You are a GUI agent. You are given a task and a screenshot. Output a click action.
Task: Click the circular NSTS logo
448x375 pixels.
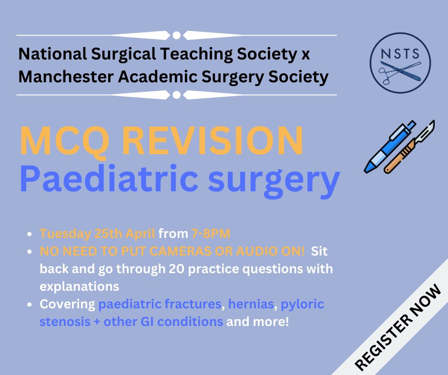pyautogui.click(x=400, y=62)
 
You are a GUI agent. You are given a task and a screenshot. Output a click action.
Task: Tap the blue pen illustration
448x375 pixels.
pyautogui.click(x=390, y=147)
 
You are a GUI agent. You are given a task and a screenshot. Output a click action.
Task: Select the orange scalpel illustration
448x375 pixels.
pyautogui.click(x=409, y=147)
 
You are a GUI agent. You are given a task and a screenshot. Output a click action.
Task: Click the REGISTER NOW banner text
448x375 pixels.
pyautogui.click(x=397, y=327)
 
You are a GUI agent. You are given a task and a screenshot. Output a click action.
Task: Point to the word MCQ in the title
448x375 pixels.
pyautogui.click(x=64, y=141)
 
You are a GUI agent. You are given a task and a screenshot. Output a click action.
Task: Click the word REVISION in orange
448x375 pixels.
pyautogui.click(x=213, y=141)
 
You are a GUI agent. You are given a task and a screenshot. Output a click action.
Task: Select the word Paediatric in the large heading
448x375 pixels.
pyautogui.click(x=109, y=178)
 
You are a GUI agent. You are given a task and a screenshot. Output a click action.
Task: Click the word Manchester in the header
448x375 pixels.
pyautogui.click(x=66, y=77)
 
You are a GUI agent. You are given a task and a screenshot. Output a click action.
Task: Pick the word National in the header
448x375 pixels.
pyautogui.click(x=52, y=54)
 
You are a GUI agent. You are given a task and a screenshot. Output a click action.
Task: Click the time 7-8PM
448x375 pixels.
pyautogui.click(x=211, y=234)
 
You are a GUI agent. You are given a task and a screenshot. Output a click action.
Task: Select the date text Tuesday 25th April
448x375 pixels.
pyautogui.click(x=97, y=234)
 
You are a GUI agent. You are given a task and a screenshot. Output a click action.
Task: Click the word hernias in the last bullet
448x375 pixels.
pyautogui.click(x=251, y=304)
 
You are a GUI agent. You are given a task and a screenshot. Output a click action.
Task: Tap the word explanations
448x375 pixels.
pyautogui.click(x=80, y=287)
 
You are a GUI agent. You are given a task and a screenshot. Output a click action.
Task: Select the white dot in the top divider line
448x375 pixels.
pyautogui.click(x=176, y=35)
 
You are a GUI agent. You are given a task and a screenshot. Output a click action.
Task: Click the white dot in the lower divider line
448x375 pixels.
pyautogui.click(x=176, y=95)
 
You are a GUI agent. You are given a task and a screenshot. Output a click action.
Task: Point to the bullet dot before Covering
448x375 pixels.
pyautogui.click(x=30, y=305)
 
